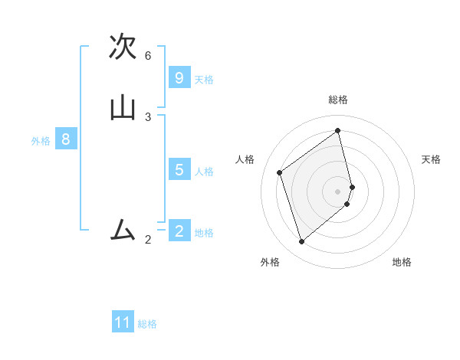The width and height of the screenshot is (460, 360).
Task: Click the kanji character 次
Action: click(123, 47)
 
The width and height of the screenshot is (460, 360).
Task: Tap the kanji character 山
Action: click(123, 108)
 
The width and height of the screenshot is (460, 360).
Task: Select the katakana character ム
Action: click(123, 229)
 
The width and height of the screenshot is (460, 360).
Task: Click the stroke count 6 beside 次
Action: click(148, 56)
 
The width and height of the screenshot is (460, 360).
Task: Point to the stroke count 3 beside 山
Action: click(148, 116)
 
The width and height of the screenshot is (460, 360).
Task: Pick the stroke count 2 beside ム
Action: click(148, 240)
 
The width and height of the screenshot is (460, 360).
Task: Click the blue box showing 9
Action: click(179, 78)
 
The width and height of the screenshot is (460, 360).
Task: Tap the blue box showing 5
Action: click(179, 170)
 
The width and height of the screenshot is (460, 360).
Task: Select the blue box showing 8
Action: click(66, 139)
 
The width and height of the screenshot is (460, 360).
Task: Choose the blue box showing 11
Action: click(123, 322)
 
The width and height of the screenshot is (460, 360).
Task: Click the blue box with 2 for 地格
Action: click(179, 231)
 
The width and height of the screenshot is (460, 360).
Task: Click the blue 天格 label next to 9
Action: click(204, 80)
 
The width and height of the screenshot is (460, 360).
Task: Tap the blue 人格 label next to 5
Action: click(204, 172)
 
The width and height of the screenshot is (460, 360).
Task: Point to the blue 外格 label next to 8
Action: click(41, 141)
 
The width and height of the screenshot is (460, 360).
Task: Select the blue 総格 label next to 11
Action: click(147, 324)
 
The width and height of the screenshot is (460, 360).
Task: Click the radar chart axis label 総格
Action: click(338, 100)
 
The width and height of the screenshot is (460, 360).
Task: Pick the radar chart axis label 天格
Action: click(431, 159)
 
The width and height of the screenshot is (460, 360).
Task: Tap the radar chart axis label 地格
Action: click(402, 262)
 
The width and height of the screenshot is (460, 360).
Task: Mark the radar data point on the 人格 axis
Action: click(280, 172)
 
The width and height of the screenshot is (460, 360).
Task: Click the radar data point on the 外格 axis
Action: click(301, 242)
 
